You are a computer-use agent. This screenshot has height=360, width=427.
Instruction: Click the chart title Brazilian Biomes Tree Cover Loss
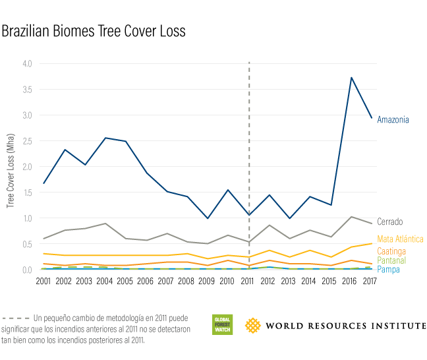click(94, 31)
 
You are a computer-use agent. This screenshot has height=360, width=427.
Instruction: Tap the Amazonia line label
click(393, 119)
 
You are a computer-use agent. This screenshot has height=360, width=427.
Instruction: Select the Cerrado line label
click(389, 222)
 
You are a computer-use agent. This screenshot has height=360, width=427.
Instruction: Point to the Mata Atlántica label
click(400, 239)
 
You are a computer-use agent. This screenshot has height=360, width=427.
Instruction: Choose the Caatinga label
click(391, 251)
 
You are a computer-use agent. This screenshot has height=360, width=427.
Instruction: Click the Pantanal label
click(391, 261)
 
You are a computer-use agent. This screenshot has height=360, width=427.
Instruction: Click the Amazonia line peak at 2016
click(352, 78)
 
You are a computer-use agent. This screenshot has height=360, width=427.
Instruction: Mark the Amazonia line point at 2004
click(105, 138)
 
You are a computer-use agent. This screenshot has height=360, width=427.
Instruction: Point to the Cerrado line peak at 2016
click(352, 216)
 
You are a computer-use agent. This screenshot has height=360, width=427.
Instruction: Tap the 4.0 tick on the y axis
click(26, 64)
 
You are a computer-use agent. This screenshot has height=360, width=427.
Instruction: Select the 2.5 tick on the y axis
click(26, 141)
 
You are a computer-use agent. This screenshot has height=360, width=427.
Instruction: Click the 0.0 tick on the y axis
click(26, 270)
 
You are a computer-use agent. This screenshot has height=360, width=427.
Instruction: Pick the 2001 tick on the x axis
click(43, 282)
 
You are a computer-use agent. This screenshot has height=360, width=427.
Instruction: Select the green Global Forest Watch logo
click(222, 324)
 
